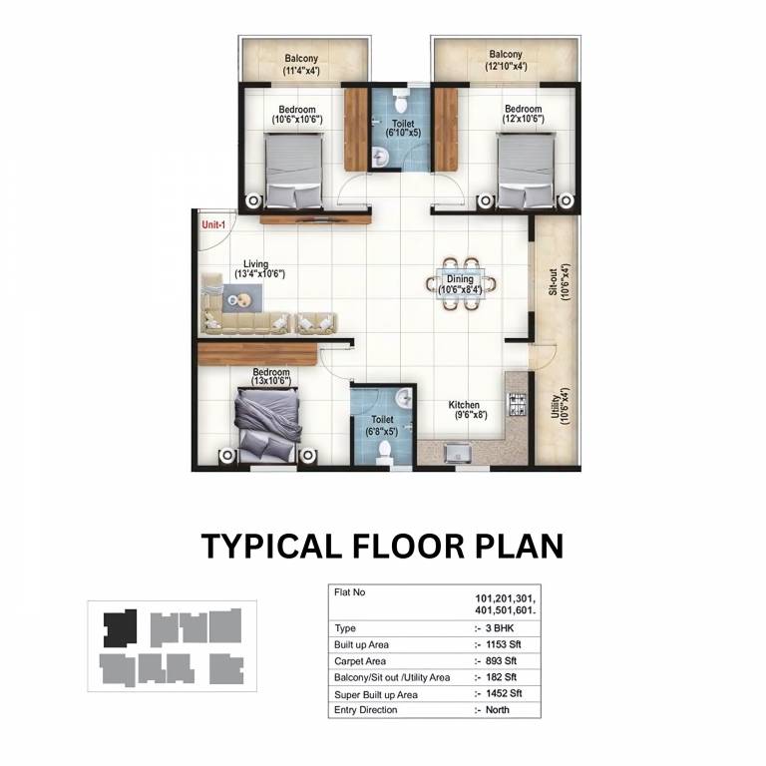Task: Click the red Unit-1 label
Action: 213,225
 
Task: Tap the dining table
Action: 461,284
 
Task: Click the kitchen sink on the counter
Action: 457,453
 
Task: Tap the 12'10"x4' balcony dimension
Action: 506,66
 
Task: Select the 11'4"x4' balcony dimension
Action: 301,71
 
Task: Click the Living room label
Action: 256,264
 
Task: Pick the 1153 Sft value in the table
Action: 503,644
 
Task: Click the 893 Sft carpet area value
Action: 502,661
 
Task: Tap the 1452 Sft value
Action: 504,693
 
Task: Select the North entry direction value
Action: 498,710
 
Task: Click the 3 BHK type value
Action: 500,628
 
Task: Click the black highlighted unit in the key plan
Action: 119,628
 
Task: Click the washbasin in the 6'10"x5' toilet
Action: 380,156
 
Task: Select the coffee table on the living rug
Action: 241,299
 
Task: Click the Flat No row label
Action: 349,592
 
